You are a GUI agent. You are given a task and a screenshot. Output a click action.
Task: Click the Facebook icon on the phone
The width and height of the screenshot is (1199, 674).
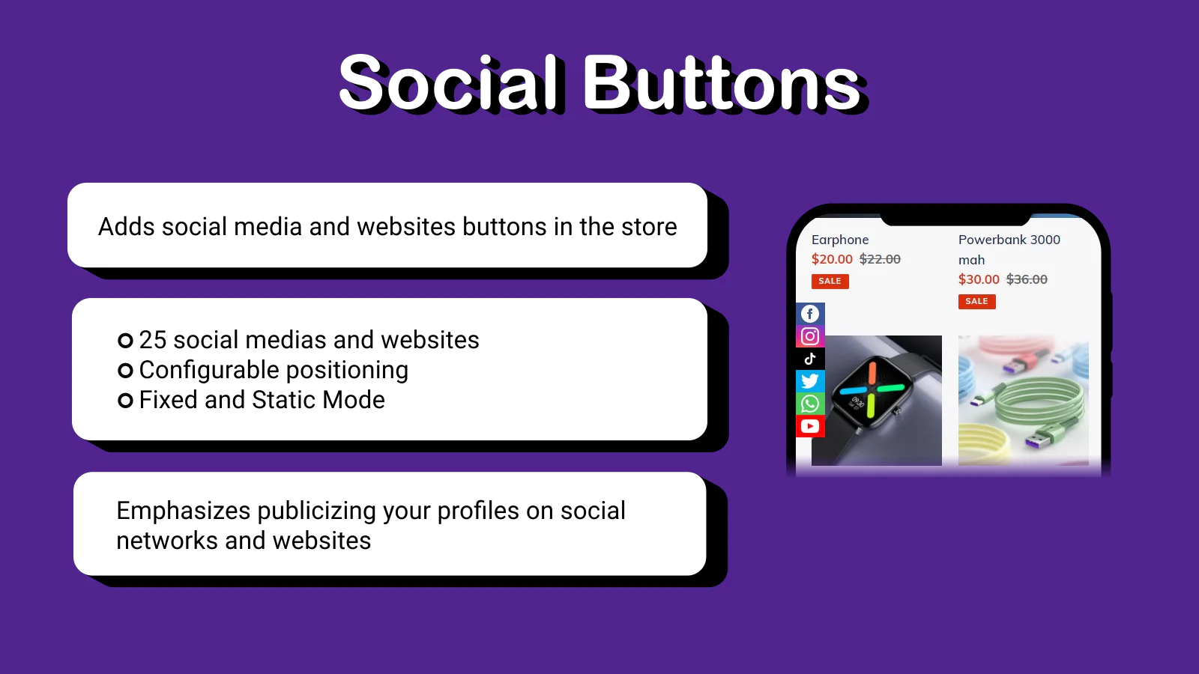click(810, 314)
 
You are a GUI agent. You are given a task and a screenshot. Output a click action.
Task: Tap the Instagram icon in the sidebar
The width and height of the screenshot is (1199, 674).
click(810, 336)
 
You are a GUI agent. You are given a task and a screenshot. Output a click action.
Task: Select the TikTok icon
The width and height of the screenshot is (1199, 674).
click(810, 359)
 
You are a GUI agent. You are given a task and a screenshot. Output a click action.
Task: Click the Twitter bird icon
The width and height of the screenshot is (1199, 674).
click(810, 381)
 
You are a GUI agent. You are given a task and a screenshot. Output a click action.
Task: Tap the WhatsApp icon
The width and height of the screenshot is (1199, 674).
click(810, 404)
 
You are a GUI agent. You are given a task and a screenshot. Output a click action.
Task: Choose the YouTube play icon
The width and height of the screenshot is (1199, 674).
click(810, 426)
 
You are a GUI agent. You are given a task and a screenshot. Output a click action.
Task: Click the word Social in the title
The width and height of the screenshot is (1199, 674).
click(450, 83)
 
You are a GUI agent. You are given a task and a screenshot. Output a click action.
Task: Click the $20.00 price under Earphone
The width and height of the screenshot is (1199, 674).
click(832, 259)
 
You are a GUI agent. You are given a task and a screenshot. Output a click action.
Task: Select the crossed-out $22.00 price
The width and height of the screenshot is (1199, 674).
click(880, 259)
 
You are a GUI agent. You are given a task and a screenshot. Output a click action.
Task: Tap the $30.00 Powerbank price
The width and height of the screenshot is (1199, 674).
click(979, 279)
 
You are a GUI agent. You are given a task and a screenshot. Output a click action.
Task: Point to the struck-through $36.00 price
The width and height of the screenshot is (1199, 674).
click(1027, 279)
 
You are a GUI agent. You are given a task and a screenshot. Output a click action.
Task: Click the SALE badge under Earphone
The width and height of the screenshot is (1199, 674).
click(830, 282)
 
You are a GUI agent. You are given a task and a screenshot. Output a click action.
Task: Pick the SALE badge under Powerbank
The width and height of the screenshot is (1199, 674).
click(977, 302)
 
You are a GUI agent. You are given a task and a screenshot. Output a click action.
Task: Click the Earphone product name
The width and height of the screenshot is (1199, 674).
click(840, 240)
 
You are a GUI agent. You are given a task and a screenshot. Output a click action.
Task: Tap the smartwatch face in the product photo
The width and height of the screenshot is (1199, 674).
click(872, 393)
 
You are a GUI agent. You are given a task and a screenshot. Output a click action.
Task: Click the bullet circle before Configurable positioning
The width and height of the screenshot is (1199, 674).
click(125, 370)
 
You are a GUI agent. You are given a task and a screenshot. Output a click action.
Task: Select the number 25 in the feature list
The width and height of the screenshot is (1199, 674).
click(153, 340)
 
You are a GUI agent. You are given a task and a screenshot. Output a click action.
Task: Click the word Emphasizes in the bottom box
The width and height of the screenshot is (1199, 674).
click(183, 511)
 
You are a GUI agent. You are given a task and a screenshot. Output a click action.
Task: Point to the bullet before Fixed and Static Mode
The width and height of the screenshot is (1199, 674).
click(125, 400)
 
